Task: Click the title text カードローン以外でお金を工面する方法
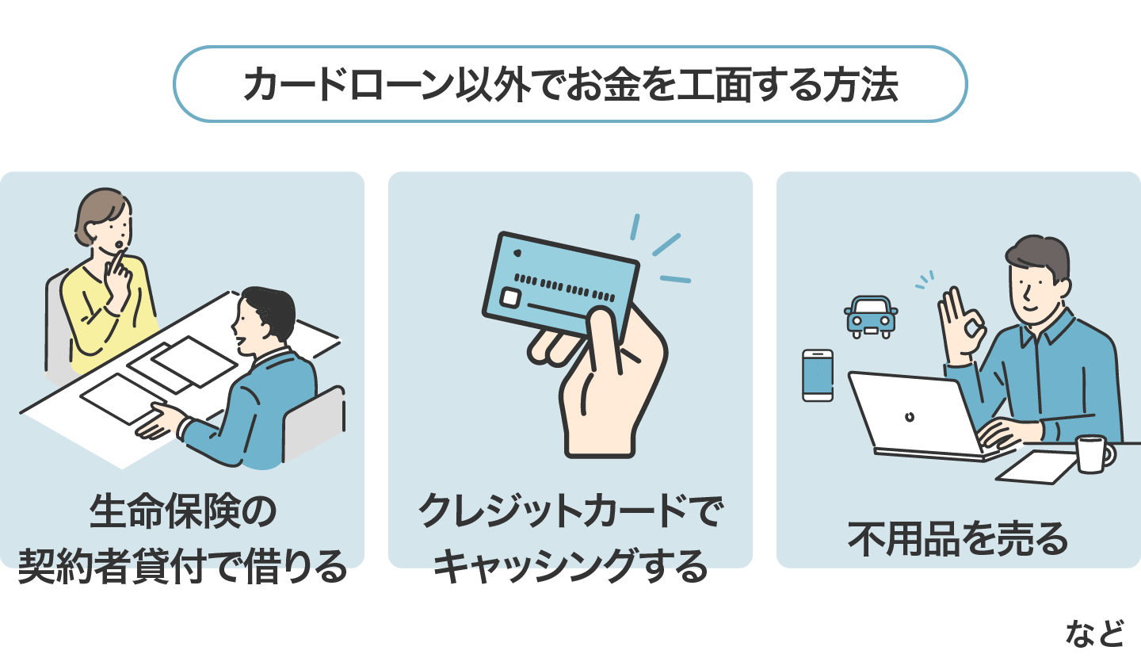570,85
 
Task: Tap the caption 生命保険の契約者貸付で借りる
183,539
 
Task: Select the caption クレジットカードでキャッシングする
570,539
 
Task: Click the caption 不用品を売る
958,539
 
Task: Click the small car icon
871,316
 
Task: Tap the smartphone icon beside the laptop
818,375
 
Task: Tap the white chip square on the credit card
511,298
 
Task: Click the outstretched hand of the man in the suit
158,420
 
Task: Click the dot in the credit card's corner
517,253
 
